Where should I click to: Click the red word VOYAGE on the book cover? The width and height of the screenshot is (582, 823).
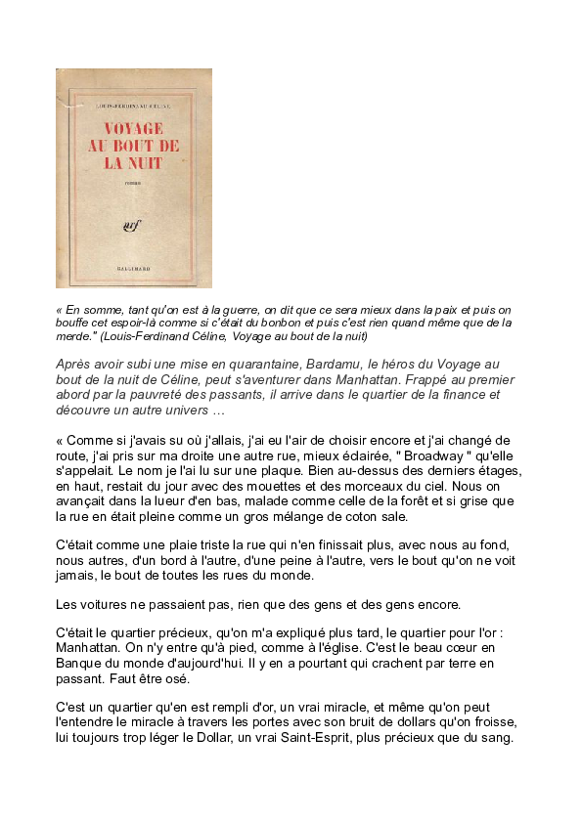[134, 129]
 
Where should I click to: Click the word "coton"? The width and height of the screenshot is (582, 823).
[332, 516]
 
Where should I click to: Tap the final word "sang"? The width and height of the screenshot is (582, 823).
[496, 738]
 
